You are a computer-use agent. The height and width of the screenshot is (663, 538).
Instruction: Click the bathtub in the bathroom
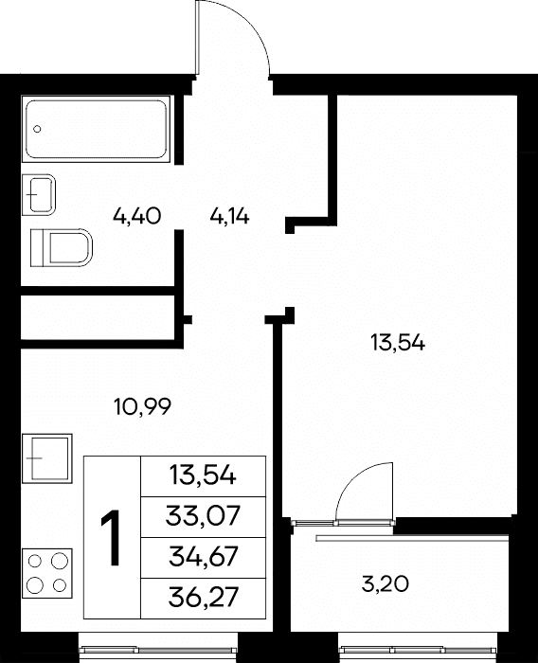click(x=96, y=129)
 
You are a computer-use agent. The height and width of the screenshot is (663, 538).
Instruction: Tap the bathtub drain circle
click(x=37, y=129)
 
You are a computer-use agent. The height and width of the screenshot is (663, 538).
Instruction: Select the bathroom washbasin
click(x=39, y=194)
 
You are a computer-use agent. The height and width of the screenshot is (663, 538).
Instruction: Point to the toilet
click(x=62, y=247)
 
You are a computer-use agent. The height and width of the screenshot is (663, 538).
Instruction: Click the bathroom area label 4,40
click(x=136, y=217)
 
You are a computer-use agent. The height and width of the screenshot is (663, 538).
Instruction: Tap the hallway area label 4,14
click(x=229, y=217)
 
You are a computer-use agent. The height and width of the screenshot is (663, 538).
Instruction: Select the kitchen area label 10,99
click(x=142, y=406)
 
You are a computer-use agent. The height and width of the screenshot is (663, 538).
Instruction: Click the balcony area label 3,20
click(x=386, y=584)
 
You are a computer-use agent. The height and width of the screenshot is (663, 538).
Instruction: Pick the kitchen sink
click(x=47, y=458)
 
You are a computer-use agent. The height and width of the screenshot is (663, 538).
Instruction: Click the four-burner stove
click(x=47, y=574)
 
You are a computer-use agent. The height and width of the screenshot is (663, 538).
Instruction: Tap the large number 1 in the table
click(x=112, y=537)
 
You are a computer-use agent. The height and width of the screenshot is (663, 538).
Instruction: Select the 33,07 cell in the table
click(x=203, y=517)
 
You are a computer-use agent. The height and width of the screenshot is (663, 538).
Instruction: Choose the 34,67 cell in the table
click(x=203, y=557)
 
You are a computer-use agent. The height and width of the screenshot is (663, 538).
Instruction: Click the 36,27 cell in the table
click(x=203, y=598)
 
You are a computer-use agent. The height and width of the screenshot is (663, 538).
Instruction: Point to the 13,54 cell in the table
click(x=203, y=476)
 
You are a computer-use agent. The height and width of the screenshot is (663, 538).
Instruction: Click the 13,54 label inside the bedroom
click(x=398, y=342)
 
